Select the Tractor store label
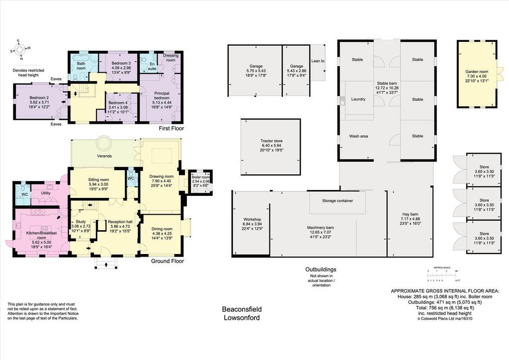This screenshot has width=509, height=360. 271,141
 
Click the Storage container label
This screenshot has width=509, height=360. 338,200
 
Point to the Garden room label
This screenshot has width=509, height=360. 477,72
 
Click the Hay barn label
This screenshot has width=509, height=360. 410,214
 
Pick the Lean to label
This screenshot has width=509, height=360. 318,61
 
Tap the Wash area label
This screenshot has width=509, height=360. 358,136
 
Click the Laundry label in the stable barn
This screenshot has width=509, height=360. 358,99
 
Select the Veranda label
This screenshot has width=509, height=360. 104,156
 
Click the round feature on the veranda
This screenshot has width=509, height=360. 104,142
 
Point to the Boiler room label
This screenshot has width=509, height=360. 201,177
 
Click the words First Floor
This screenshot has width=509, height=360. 171,128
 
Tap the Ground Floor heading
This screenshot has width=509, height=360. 168,261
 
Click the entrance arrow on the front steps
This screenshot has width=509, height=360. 106,265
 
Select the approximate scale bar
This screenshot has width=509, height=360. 442,275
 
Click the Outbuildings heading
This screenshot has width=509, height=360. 321,269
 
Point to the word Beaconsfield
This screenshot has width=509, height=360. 242,309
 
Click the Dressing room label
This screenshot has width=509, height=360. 171,58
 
